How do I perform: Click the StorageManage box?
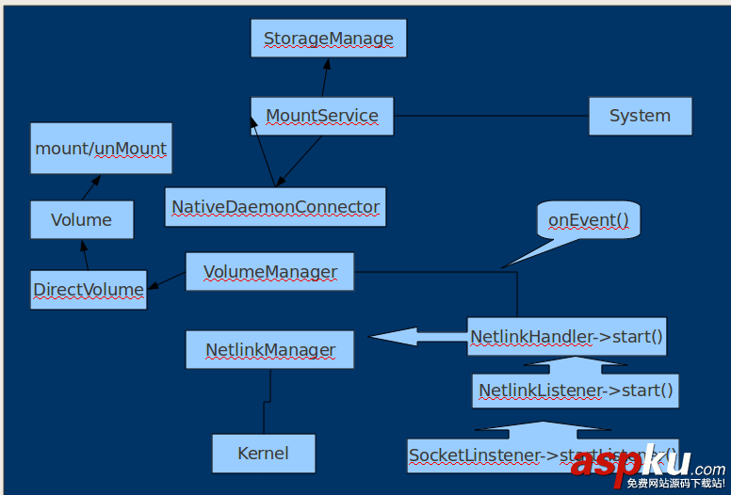(x=328, y=39)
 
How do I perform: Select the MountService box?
(x=321, y=116)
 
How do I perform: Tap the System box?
(x=640, y=116)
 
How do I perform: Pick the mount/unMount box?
(x=101, y=148)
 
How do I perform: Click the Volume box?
(x=81, y=220)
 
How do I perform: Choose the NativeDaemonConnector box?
(x=275, y=207)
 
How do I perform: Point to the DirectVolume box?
(x=89, y=290)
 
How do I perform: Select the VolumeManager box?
(x=269, y=272)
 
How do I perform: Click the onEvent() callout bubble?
(x=588, y=220)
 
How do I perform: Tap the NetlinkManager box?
(x=270, y=350)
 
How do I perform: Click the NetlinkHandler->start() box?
(x=566, y=336)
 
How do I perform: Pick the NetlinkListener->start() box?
(x=576, y=390)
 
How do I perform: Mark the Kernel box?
(x=263, y=453)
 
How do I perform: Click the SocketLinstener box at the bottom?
(x=490, y=455)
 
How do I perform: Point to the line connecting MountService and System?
(x=490, y=116)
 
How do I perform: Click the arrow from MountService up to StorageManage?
(x=325, y=77)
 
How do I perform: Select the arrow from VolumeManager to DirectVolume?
(x=167, y=280)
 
